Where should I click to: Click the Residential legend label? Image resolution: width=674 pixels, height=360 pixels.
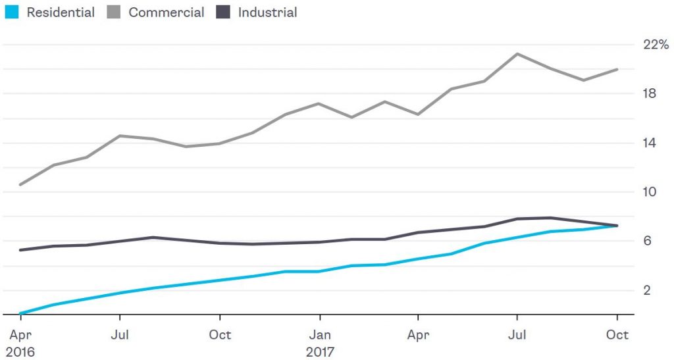[x=61, y=13]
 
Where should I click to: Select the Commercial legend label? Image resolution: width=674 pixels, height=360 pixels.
[x=166, y=13]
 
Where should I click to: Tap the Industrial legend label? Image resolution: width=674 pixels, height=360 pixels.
[x=267, y=13]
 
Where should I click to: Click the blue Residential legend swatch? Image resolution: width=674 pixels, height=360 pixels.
[x=13, y=13]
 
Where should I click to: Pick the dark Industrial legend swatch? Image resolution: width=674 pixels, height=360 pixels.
[x=224, y=13]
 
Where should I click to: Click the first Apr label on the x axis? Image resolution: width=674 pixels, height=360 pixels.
[x=20, y=334]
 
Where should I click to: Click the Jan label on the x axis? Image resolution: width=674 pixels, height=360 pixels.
[x=320, y=334]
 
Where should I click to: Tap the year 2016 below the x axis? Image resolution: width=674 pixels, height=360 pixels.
[x=20, y=351]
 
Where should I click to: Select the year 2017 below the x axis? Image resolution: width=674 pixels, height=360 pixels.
[x=320, y=351]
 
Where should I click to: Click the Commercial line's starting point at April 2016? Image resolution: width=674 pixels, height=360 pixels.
[x=20, y=185]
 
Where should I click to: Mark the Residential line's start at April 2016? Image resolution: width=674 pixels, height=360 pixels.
[x=20, y=313]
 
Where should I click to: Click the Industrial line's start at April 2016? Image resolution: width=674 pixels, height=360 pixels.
[x=20, y=250]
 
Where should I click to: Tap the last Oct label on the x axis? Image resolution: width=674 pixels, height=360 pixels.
[x=617, y=334]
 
